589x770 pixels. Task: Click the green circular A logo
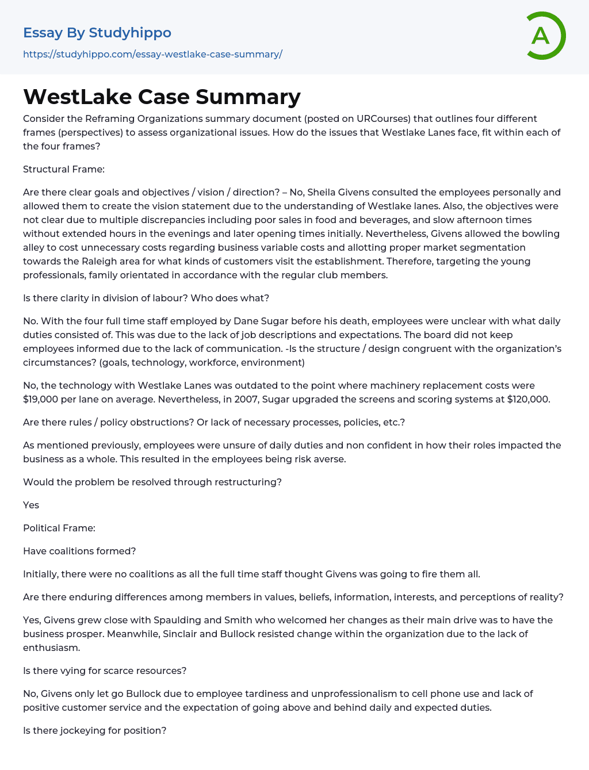pos(542,36)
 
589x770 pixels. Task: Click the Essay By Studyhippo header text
pos(97,33)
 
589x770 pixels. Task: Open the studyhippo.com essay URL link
pos(152,54)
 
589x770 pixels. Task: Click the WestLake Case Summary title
pos(162,97)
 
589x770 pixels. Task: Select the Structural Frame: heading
pos(64,169)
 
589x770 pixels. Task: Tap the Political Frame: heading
pos(59,528)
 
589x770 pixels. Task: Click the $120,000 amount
pos(528,399)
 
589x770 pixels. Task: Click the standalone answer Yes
pos(31,505)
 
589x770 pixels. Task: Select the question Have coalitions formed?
pos(79,551)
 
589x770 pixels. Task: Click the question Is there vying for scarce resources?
pos(105,671)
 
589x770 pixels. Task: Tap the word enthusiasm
pos(51,648)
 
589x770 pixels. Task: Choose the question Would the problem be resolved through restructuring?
pos(152,482)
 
